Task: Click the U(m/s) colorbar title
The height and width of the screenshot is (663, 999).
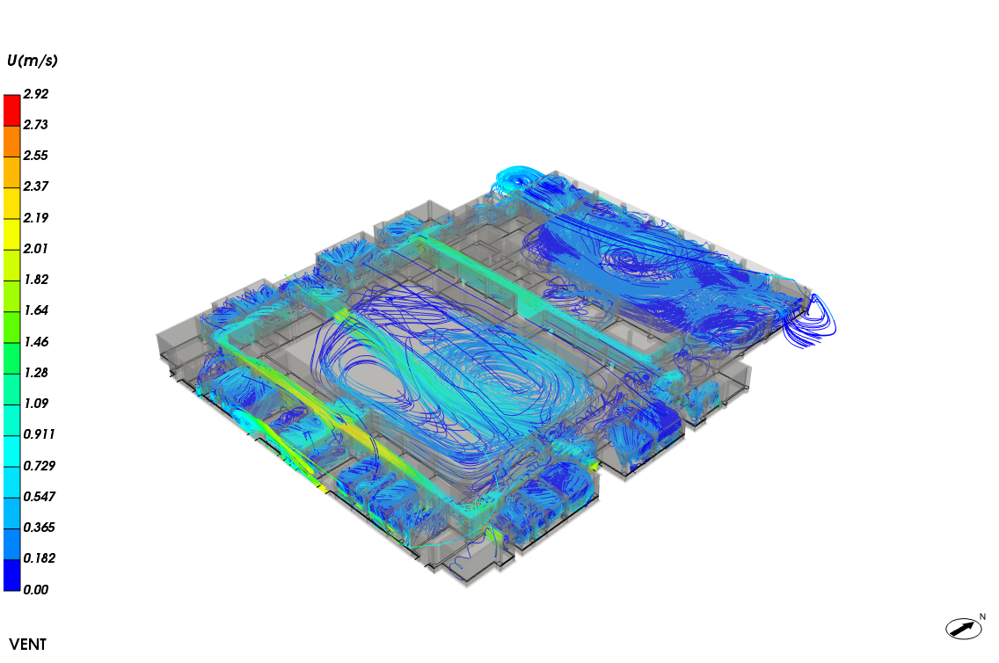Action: coord(32,61)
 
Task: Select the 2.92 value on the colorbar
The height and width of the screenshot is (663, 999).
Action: coord(36,93)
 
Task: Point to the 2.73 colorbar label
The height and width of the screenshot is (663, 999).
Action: coord(36,125)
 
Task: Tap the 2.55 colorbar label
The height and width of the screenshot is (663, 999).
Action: coord(36,156)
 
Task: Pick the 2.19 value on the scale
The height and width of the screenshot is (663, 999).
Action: coord(36,218)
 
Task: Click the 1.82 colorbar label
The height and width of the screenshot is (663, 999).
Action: coord(36,280)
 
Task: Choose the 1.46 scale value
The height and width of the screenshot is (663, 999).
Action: coord(36,342)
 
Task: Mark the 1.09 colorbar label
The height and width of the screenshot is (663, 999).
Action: coord(36,403)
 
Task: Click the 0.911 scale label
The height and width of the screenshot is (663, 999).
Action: coord(40,434)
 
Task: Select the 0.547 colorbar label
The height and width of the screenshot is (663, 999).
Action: coord(40,496)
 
